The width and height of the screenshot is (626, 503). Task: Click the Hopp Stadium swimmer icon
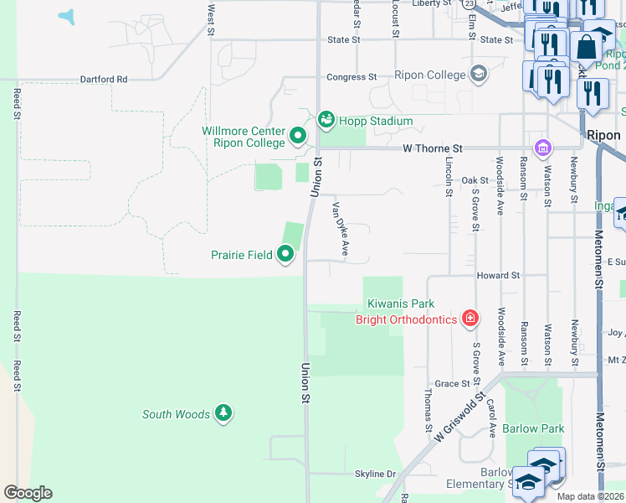click(326, 121)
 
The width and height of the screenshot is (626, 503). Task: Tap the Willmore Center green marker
click(297, 135)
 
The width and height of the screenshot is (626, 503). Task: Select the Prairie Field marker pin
click(285, 253)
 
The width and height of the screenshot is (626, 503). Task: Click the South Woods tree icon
click(223, 412)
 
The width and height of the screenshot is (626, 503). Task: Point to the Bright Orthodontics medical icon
click(470, 319)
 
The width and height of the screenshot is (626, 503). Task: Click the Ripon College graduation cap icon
click(478, 75)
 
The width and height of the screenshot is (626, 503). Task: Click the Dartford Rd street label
click(103, 79)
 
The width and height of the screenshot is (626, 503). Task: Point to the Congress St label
click(351, 77)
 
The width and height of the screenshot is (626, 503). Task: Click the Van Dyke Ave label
click(340, 229)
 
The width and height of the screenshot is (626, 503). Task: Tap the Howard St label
click(498, 275)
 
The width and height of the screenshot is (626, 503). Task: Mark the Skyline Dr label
click(375, 474)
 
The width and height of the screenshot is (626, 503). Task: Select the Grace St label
click(452, 383)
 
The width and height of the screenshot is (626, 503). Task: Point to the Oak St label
click(474, 180)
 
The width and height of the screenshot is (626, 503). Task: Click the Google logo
click(28, 493)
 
